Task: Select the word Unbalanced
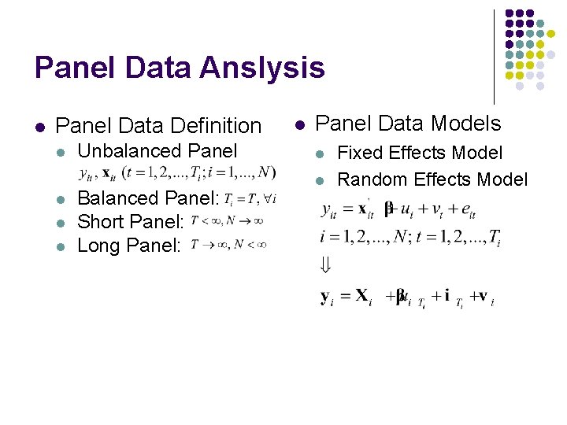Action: coord(129,151)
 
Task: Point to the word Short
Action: coord(101,222)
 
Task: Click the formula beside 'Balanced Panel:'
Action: coord(250,198)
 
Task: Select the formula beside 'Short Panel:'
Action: coord(227,222)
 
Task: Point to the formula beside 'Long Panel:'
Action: coord(228,246)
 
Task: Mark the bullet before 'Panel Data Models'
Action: coord(298,124)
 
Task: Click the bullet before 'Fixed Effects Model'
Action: coord(321,153)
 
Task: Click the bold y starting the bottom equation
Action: coord(326,297)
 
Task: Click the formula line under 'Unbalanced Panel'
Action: coord(178,173)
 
